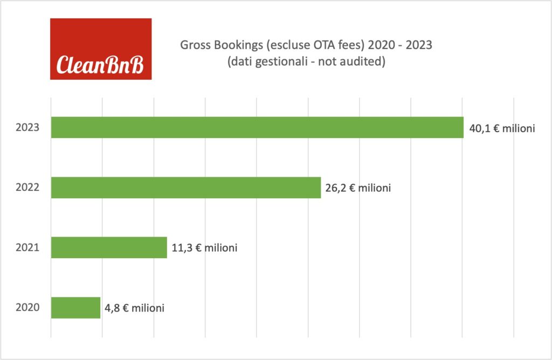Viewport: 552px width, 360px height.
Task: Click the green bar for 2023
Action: point(257,127)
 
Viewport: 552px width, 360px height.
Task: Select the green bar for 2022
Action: point(186,188)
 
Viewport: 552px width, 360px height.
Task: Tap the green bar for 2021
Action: point(109,247)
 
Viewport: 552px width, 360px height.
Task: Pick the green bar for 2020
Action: point(75,308)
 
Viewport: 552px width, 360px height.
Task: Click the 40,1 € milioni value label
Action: point(502,128)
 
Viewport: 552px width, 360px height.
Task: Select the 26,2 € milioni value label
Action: point(358,189)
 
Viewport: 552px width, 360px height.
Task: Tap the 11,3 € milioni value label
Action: point(205,248)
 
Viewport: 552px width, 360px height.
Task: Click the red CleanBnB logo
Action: point(101,49)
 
